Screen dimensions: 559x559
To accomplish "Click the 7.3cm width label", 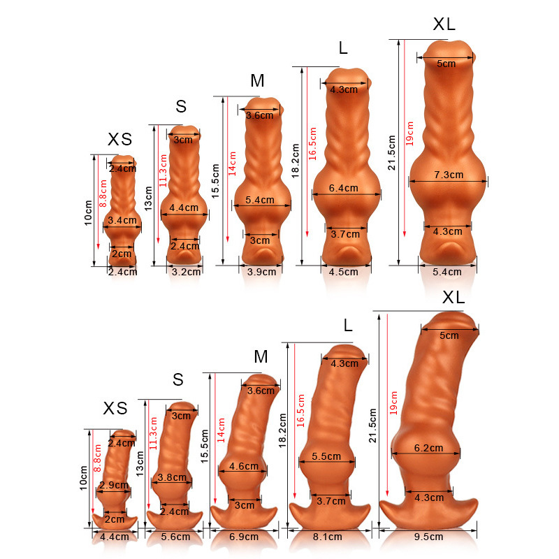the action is (449, 175).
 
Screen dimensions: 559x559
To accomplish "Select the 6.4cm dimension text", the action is (343, 188).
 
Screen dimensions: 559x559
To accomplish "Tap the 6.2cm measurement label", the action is (428, 448).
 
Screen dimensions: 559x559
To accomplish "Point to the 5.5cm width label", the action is (326, 456).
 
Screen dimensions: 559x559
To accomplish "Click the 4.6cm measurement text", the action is (244, 466).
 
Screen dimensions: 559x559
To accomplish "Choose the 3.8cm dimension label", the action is (172, 477).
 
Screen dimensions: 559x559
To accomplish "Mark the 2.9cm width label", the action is (114, 485).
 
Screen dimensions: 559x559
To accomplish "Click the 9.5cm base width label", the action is (428, 537).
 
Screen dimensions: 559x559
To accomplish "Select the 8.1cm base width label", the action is (327, 537).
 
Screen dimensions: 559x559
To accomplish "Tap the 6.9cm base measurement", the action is (244, 537).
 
